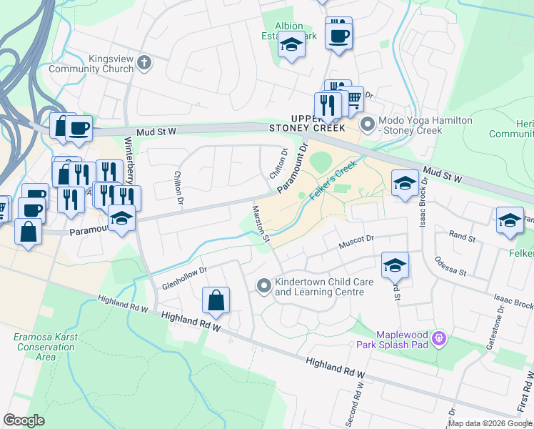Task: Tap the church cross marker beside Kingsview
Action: click(144, 62)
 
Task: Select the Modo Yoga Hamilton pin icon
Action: click(368, 125)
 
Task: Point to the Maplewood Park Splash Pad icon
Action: click(439, 337)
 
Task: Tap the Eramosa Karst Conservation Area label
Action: click(34, 347)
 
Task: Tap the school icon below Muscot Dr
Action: click(395, 266)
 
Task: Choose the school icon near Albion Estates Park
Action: click(291, 45)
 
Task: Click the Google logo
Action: click(24, 420)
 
